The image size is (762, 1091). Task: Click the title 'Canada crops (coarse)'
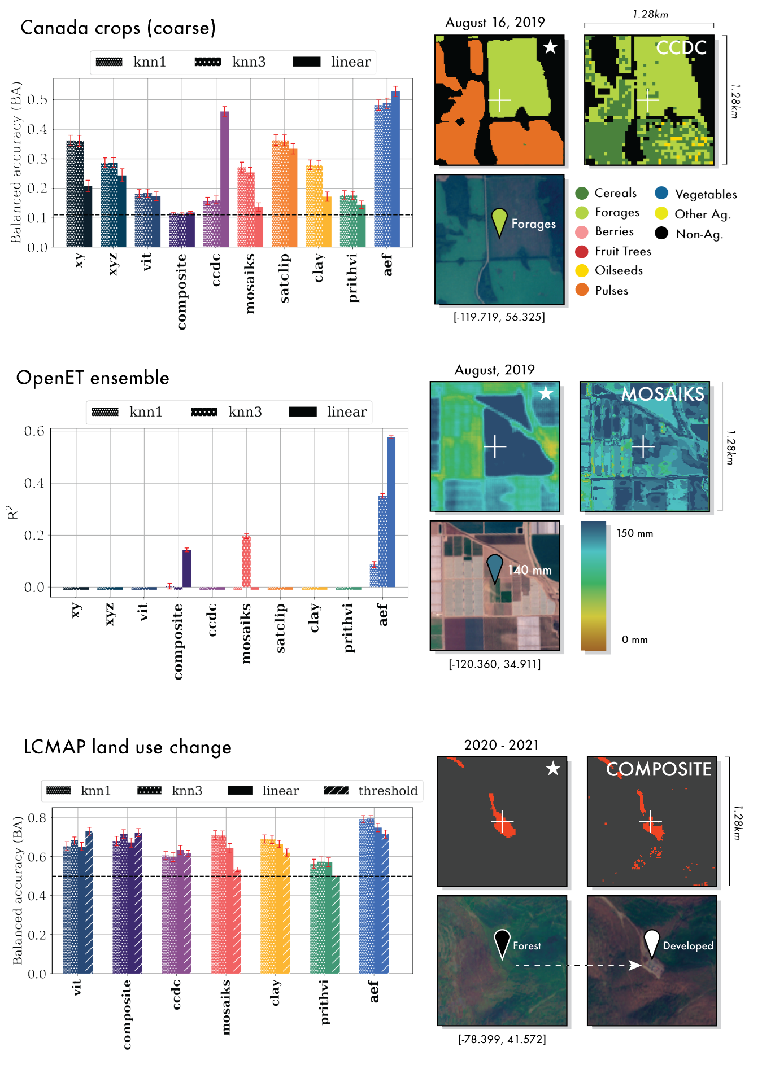(118, 28)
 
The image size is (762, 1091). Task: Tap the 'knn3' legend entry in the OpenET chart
(245, 412)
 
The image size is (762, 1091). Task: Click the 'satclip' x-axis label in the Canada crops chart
(284, 278)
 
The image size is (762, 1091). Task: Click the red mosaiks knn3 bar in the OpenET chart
(246, 562)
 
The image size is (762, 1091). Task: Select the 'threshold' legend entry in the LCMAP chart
(387, 791)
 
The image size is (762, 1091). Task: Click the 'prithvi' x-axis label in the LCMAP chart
(325, 1002)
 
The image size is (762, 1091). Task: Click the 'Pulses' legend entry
(611, 291)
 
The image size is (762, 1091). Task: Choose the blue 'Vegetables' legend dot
(661, 194)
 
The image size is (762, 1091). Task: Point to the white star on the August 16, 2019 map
(550, 47)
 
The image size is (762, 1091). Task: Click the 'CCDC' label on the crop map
(681, 48)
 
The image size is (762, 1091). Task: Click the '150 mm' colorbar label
(634, 533)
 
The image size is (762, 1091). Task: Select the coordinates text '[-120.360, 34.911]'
(495, 664)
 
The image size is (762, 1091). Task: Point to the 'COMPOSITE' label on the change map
(659, 769)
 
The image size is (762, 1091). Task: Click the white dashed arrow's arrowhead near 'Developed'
(636, 965)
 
